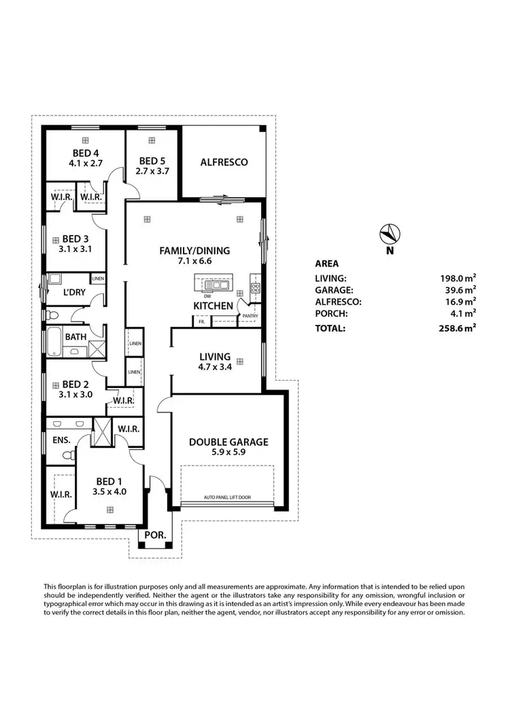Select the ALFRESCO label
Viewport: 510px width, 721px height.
[223, 162]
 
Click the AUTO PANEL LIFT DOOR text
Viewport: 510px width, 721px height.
[227, 497]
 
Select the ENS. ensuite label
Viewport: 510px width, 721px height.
[61, 440]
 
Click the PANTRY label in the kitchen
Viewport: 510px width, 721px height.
[250, 316]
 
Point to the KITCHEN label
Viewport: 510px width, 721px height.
[214, 306]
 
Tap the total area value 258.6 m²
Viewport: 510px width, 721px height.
[457, 328]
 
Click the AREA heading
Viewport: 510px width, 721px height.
[327, 264]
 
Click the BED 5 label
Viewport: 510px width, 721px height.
[152, 161]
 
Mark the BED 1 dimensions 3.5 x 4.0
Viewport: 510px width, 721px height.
[109, 491]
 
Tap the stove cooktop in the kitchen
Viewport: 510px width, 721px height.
[256, 288]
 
